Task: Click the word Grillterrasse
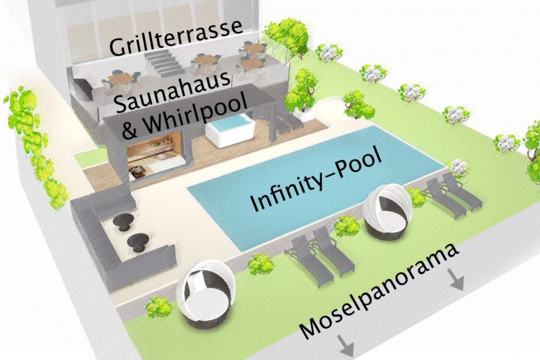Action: tap(175, 38)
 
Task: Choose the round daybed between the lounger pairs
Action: tap(387, 210)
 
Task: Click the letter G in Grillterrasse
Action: tap(118, 47)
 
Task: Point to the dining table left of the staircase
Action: tap(120, 80)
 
